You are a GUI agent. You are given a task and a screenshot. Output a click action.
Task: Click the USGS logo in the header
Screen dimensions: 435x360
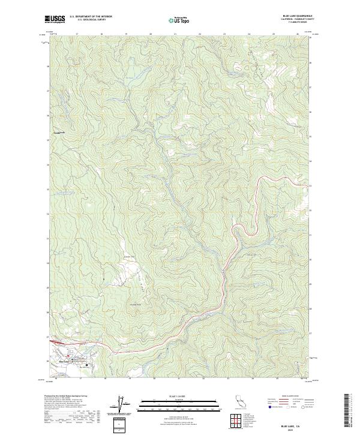point(55,19)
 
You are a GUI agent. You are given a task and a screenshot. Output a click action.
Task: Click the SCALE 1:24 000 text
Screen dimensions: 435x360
point(180,395)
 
